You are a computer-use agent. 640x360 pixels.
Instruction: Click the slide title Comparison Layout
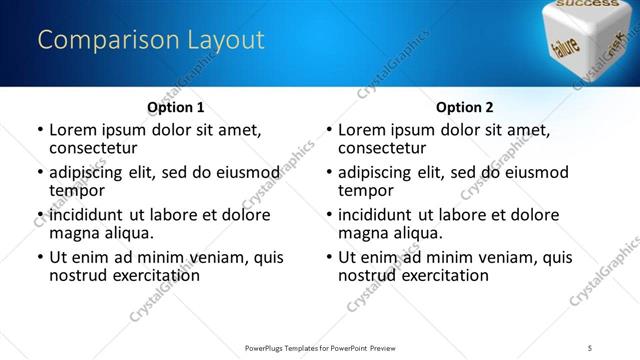pos(151,40)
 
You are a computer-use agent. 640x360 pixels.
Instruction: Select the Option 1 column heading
pos(175,107)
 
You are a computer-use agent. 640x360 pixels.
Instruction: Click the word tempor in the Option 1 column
pos(77,190)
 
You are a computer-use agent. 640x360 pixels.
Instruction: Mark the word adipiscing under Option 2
pos(377,172)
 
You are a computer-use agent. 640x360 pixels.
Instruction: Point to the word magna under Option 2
pos(363,233)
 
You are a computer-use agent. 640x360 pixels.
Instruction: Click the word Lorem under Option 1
pos(73,130)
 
